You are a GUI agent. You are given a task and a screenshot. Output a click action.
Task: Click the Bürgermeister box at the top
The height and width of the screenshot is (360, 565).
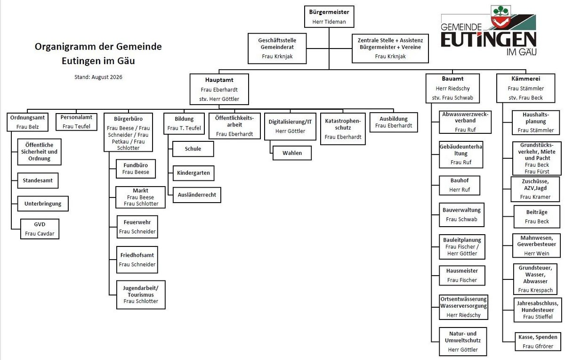click(x=329, y=16)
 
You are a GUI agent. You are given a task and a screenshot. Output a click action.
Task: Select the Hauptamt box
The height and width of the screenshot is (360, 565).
click(x=219, y=89)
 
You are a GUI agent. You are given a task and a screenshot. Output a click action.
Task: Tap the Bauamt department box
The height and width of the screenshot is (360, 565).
click(x=452, y=88)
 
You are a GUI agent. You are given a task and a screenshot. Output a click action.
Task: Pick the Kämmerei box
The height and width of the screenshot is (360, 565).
click(x=525, y=88)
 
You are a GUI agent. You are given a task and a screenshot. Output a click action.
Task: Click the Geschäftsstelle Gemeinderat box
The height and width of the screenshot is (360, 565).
click(x=277, y=48)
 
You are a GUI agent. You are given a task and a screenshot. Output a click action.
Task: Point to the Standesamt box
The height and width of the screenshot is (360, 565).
click(x=38, y=180)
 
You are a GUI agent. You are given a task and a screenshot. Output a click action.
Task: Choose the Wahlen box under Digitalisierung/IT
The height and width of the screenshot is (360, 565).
click(x=292, y=153)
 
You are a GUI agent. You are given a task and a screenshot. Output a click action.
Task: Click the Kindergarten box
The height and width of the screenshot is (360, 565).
click(x=194, y=173)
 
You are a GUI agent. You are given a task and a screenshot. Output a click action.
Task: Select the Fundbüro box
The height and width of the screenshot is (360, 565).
click(x=136, y=169)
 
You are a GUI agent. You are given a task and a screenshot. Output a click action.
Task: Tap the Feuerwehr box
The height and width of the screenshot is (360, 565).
click(x=137, y=227)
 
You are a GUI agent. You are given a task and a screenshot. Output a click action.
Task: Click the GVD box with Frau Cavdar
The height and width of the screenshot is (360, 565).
click(x=40, y=229)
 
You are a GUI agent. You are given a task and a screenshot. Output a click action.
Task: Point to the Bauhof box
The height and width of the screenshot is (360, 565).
click(x=460, y=185)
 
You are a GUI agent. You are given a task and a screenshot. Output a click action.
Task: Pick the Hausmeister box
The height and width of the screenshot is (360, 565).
click(x=462, y=276)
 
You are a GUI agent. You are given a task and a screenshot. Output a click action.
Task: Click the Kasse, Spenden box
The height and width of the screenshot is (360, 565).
click(x=538, y=342)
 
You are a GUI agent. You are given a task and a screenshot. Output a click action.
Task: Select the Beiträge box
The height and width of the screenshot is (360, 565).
click(x=537, y=217)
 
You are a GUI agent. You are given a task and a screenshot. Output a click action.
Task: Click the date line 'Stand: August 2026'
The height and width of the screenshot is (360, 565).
click(x=98, y=77)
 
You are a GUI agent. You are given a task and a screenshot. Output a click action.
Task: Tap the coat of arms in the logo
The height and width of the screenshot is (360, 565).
click(x=500, y=16)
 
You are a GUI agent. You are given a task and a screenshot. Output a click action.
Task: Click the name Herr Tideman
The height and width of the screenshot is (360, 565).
click(x=329, y=22)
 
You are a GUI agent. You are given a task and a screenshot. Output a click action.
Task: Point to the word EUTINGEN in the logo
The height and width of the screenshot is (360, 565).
click(x=488, y=40)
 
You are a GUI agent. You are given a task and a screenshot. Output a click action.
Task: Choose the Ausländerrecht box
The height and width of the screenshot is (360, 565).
click(x=197, y=195)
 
